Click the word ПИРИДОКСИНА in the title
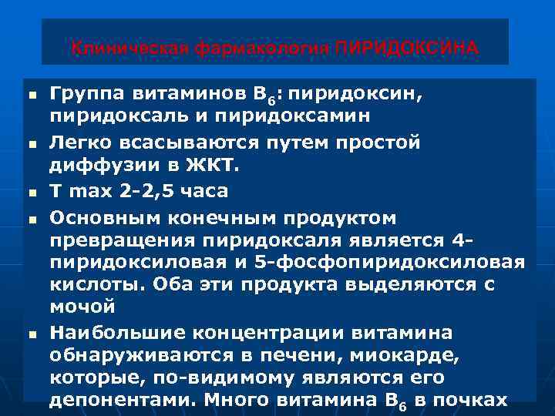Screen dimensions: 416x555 point(406,49)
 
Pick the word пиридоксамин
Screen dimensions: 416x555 point(307,116)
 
